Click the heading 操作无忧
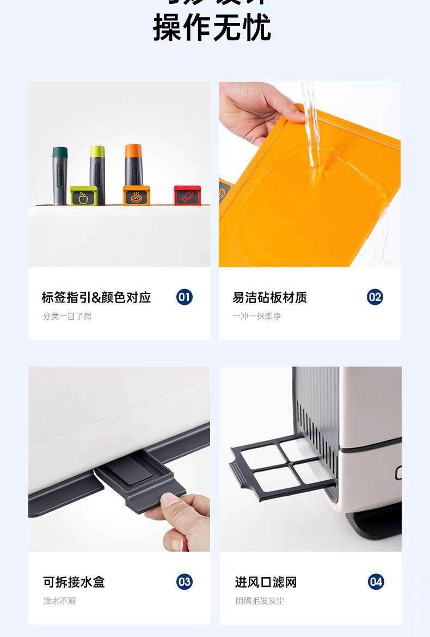(212, 28)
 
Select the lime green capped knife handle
(97, 169)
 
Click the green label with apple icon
(83, 197)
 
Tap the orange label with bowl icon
(136, 196)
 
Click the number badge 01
(185, 297)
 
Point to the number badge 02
(374, 297)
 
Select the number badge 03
(185, 581)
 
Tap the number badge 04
(376, 581)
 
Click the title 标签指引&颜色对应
(96, 297)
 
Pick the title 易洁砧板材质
(269, 297)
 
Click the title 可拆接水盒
(74, 582)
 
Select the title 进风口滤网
(266, 582)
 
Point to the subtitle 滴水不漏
(60, 601)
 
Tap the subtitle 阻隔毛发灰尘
(260, 601)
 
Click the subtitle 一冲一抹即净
(256, 316)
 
